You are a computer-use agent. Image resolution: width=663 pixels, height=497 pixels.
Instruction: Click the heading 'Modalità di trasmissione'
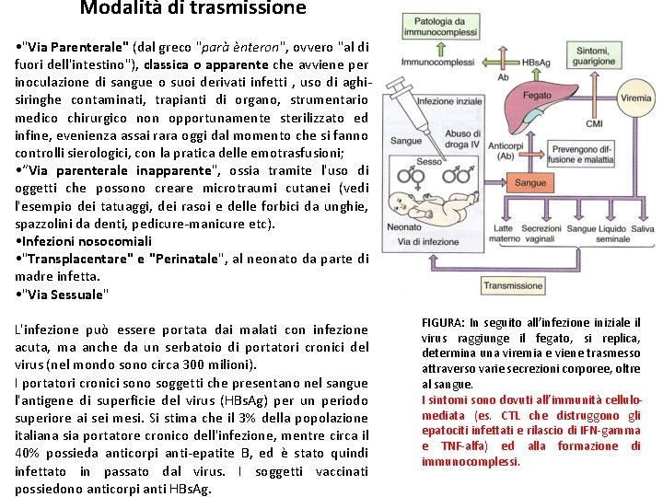coord(192,8)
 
